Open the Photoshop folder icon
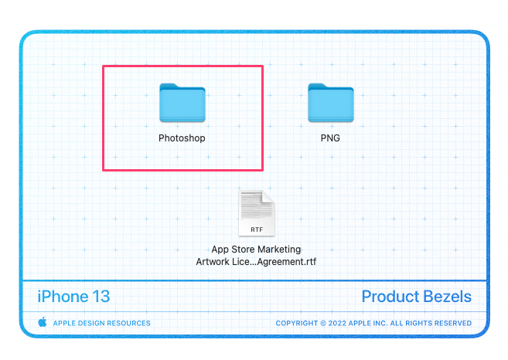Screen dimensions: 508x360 [x=182, y=103]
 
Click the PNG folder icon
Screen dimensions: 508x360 [x=331, y=103]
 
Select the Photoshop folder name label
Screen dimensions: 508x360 [x=182, y=138]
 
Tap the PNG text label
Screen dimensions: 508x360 [x=330, y=138]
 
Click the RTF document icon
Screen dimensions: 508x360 [x=257, y=213]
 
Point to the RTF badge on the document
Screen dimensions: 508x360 [x=257, y=229]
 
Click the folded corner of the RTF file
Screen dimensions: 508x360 [x=268, y=197]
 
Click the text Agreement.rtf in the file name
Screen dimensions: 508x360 [x=287, y=262]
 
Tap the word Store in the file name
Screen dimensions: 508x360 [x=243, y=250]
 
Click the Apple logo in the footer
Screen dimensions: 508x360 [x=43, y=322]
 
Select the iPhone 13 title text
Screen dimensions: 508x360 [x=74, y=297]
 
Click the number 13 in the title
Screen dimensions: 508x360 [x=101, y=297]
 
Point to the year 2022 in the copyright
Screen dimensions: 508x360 [x=337, y=323]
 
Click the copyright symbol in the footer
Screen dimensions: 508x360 [x=323, y=323]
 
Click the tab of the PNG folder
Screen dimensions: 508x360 [x=318, y=86]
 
